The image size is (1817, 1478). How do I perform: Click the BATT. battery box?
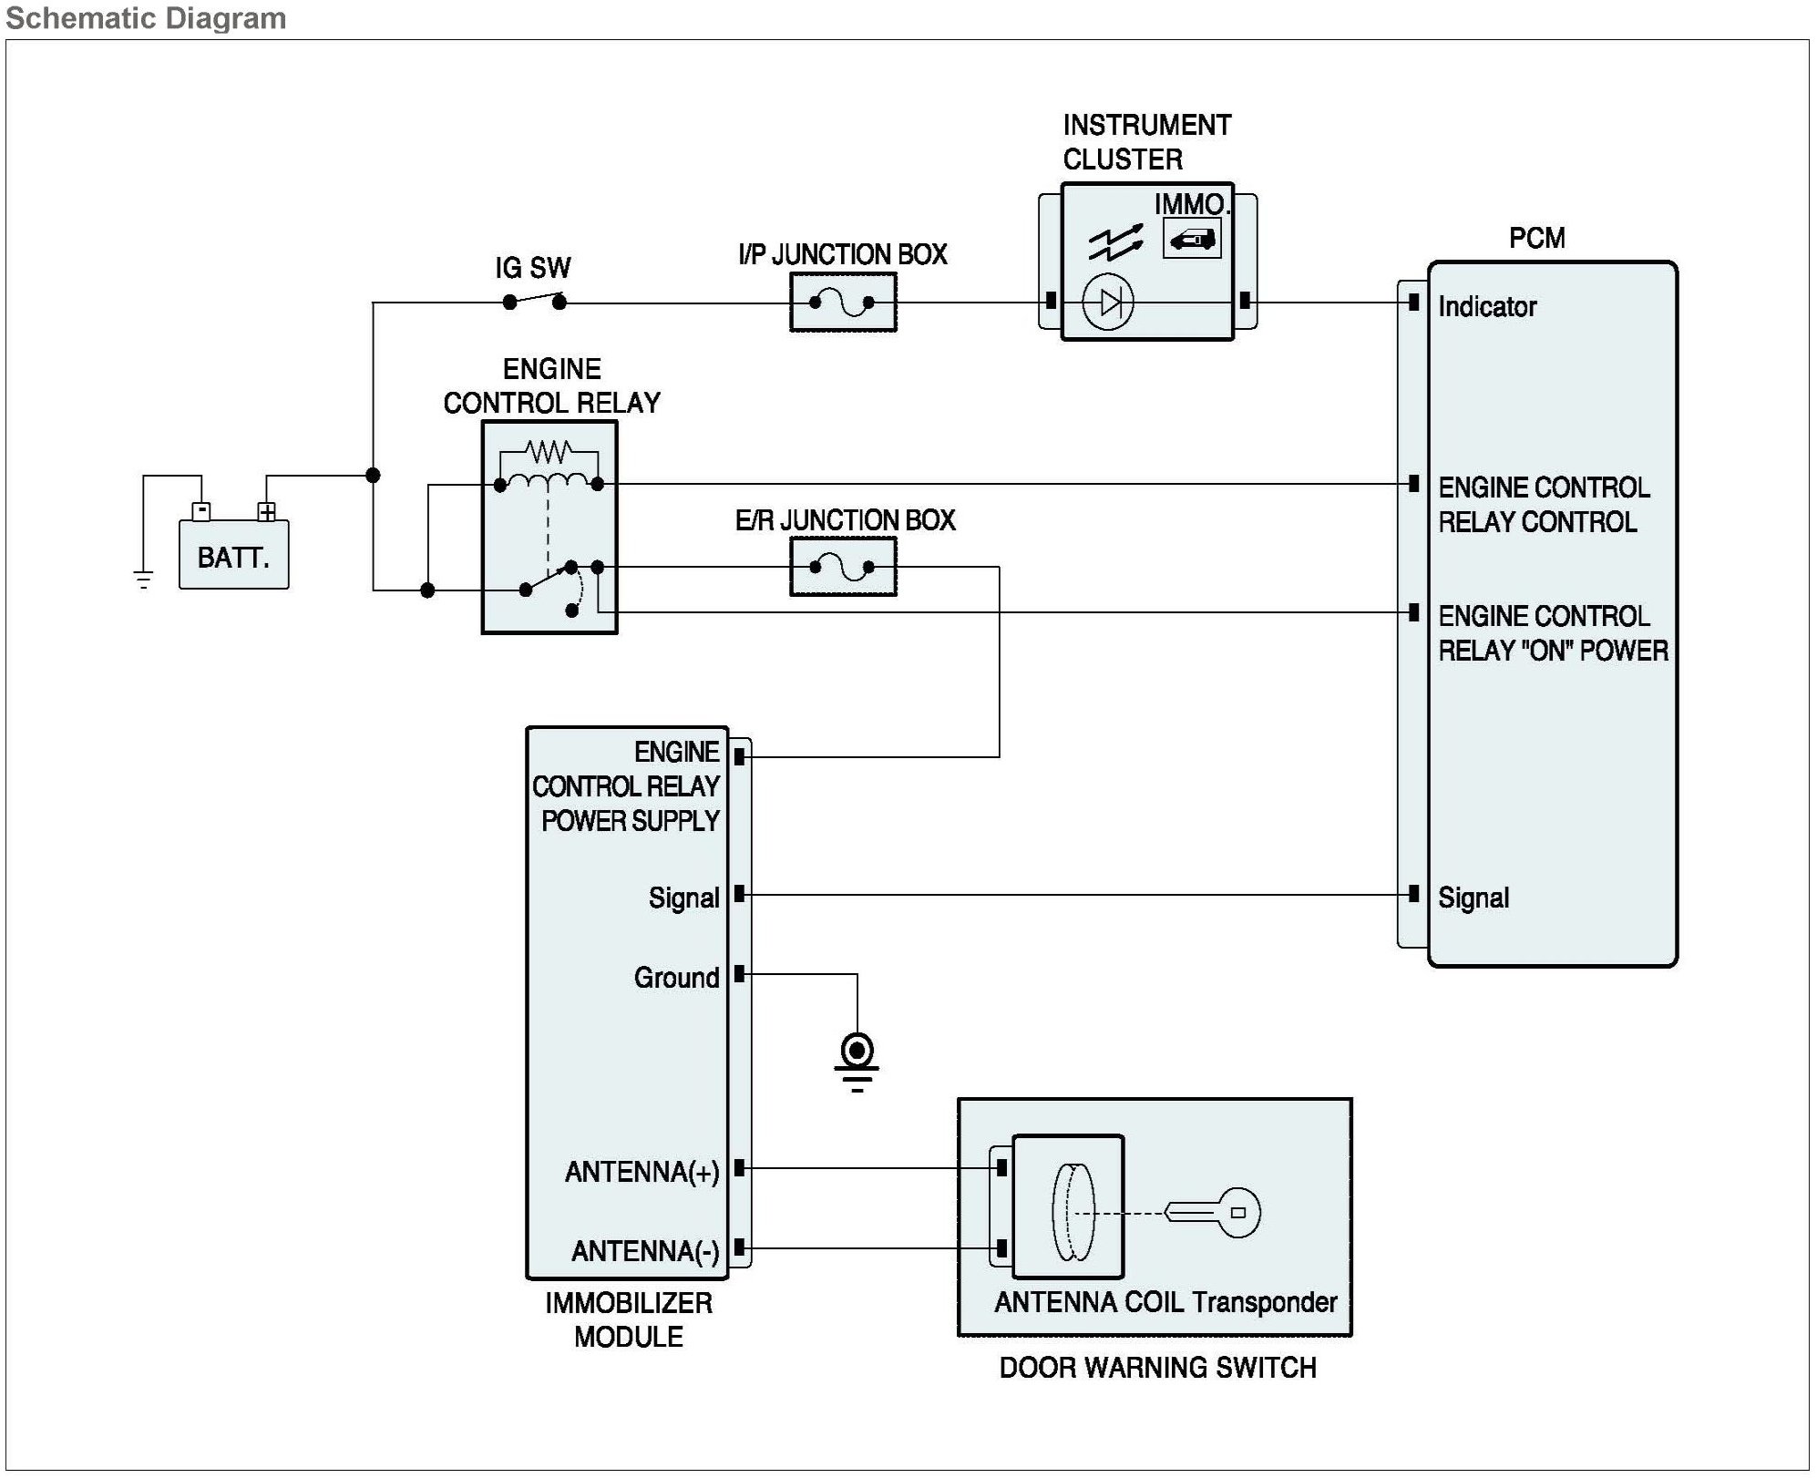click(x=234, y=554)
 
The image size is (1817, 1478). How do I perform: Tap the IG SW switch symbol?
click(x=535, y=300)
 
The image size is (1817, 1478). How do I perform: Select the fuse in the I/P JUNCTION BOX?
click(x=843, y=303)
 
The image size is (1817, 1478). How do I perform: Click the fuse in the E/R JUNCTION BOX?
click(x=843, y=567)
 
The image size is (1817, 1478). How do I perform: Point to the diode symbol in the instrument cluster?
click(x=1108, y=303)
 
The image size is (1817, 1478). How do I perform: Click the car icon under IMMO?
click(x=1192, y=240)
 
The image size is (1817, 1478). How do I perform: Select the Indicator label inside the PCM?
click(x=1487, y=306)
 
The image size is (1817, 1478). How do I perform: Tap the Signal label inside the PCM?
click(x=1473, y=898)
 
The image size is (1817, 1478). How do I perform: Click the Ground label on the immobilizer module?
click(x=676, y=977)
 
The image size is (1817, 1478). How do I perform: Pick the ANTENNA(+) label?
click(x=642, y=1171)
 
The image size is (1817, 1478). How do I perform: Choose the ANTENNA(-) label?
click(x=645, y=1250)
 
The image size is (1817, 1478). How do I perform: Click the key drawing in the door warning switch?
click(x=1213, y=1212)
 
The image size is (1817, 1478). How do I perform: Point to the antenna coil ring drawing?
click(x=1073, y=1212)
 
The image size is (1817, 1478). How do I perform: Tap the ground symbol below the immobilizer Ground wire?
click(x=857, y=1062)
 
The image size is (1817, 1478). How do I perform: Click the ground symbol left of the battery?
click(x=143, y=580)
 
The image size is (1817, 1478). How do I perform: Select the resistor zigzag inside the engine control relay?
click(x=549, y=451)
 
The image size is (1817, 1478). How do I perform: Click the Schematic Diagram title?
click(x=146, y=18)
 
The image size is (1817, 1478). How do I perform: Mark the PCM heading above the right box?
click(x=1537, y=238)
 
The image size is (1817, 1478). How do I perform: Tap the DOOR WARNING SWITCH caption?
click(x=1157, y=1367)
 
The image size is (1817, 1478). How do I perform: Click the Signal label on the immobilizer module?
click(x=683, y=898)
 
